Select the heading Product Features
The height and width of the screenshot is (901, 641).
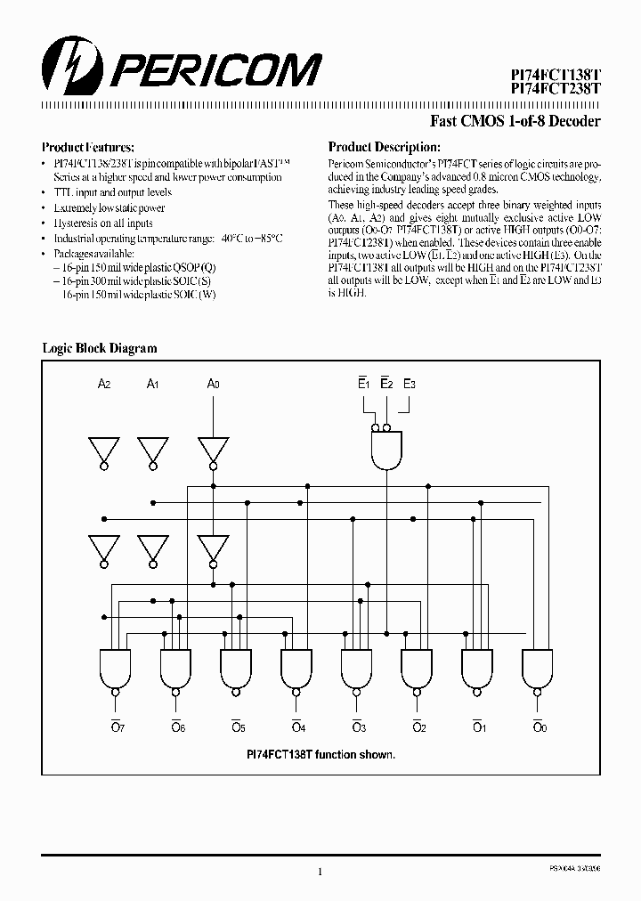pos(88,147)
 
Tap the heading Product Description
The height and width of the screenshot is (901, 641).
pos(384,147)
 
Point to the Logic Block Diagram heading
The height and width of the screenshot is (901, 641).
pos(100,348)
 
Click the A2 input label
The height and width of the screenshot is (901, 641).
pos(104,384)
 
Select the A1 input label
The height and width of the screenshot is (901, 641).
pos(153,384)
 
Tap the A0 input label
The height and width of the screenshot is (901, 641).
pos(213,384)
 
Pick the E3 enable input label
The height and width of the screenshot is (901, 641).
pos(410,384)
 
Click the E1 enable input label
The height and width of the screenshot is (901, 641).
pos(363,384)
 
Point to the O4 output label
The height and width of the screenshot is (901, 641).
pos(297,726)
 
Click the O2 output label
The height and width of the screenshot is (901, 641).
pos(418,726)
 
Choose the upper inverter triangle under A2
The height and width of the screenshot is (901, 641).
pos(104,450)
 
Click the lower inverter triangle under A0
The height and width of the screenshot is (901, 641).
pos(213,547)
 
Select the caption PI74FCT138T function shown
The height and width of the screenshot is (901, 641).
pos(320,753)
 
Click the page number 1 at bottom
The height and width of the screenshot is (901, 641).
pos(320,872)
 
